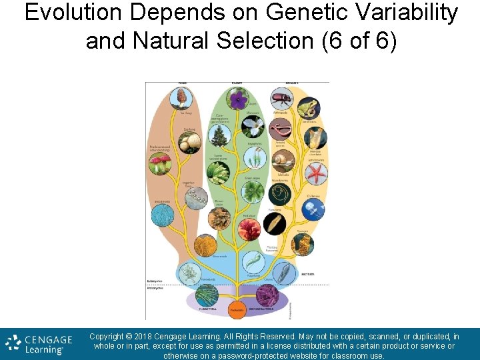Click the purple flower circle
tap(238, 100)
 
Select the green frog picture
tap(308, 107)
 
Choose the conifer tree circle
tap(219, 136)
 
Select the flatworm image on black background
tap(275, 223)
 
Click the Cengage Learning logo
tap(39, 345)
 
